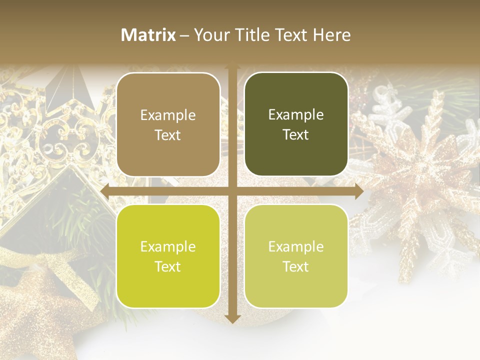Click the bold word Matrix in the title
click(x=148, y=35)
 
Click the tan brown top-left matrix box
click(x=168, y=124)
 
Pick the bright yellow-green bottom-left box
click(x=168, y=256)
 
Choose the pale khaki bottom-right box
click(x=296, y=256)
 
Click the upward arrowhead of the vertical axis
click(x=232, y=67)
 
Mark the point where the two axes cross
click(x=232, y=191)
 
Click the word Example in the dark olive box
click(x=296, y=114)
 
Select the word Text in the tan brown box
click(x=168, y=135)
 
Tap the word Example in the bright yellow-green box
click(x=168, y=246)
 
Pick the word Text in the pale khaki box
click(x=296, y=267)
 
